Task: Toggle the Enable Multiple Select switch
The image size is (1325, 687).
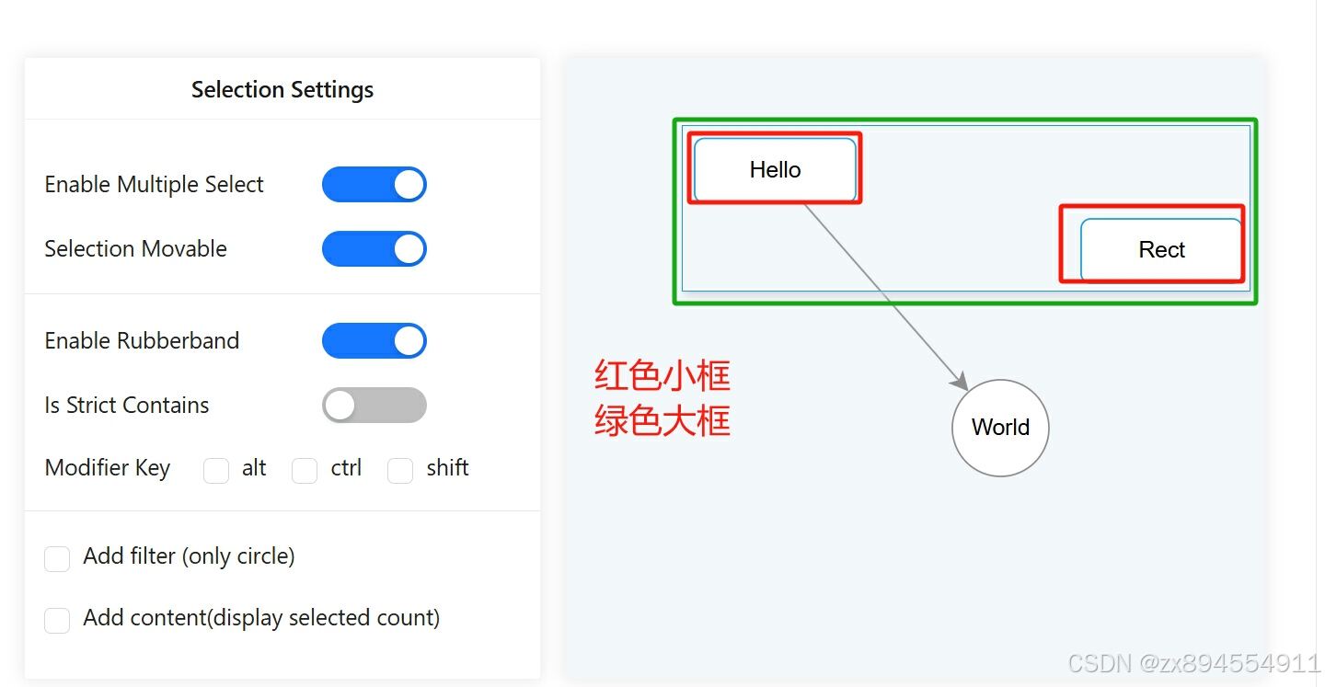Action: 374,185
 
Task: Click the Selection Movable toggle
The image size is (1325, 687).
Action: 374,249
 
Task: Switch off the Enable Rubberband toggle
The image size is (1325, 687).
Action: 374,341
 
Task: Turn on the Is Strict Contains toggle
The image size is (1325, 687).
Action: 374,406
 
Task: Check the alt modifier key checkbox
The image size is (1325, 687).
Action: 216,471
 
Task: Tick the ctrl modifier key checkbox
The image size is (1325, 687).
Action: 305,471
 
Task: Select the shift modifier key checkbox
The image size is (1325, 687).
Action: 400,471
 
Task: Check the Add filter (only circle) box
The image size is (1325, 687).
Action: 57,559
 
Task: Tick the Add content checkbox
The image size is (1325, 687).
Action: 57,621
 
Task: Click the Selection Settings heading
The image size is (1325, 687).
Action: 282,90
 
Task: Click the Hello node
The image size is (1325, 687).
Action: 775,170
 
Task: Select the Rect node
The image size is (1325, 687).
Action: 1161,250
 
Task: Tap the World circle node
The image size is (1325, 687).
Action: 1000,428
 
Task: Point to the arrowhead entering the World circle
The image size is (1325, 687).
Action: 961,381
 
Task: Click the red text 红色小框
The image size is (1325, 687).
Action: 662,376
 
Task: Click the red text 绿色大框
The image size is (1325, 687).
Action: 662,421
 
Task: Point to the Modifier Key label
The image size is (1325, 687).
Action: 108,468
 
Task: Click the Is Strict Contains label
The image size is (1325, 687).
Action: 127,406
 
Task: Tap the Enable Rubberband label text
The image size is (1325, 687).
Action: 142,341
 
